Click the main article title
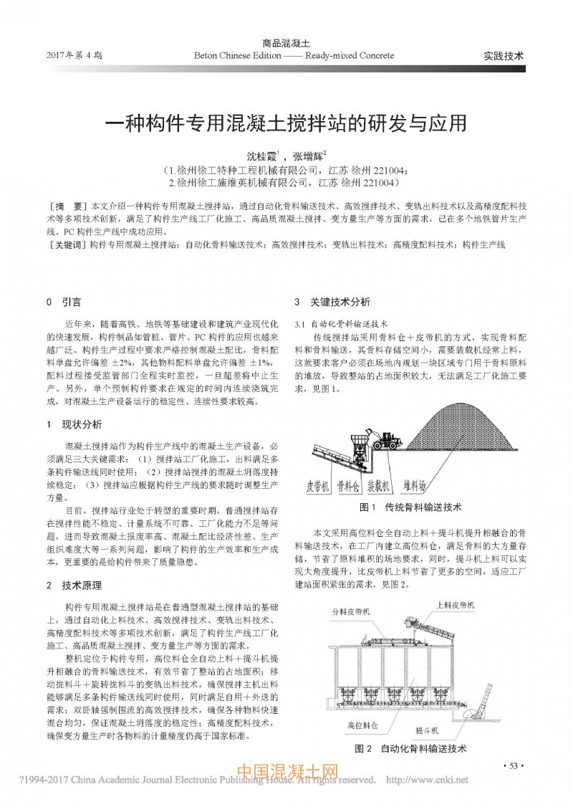pos(286,122)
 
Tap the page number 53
pos(513,767)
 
